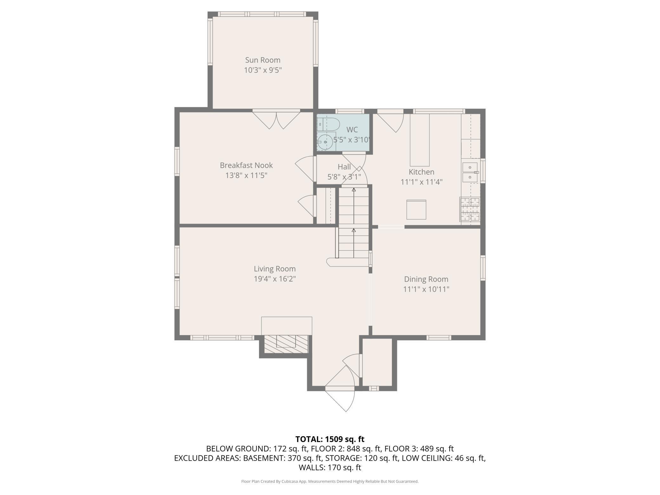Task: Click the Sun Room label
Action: click(263, 60)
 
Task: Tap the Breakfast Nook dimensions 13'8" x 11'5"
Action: click(246, 175)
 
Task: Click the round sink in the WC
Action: click(325, 142)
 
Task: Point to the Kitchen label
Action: click(421, 172)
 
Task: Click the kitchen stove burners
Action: click(470, 209)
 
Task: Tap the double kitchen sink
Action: click(470, 172)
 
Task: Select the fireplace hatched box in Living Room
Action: click(286, 344)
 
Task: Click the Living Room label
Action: click(275, 269)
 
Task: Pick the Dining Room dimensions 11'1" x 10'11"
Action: click(426, 289)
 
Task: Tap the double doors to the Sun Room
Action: click(276, 120)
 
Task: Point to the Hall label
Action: click(344, 167)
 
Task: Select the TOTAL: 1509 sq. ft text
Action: click(330, 439)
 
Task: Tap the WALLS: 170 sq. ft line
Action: click(330, 467)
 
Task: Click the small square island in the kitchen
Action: click(417, 210)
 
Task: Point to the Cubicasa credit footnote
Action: click(330, 481)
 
